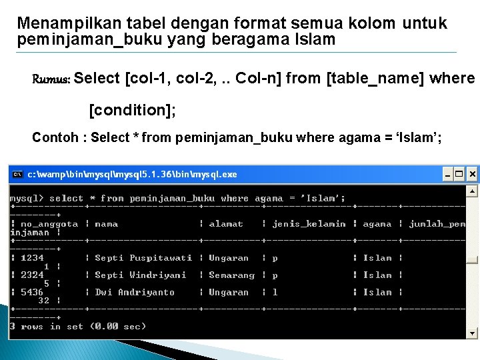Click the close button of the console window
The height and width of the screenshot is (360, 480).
pos(472,175)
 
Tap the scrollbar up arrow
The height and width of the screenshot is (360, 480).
pos(472,191)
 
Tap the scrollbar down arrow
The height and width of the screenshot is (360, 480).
pos(472,333)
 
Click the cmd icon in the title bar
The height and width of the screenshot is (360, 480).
pos(18,175)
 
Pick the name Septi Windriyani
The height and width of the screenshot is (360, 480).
pos(141,275)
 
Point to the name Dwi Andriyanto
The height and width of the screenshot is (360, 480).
pos(135,292)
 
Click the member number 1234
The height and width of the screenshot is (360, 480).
pos(32,258)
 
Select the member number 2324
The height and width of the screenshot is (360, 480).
pos(32,275)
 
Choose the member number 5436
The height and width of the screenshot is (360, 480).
pos(32,292)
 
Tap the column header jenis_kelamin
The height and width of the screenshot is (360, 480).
pos(309,224)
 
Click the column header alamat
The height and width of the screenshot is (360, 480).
pos(226,224)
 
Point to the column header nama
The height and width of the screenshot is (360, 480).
pos(106,224)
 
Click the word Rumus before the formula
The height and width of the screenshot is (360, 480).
pos(51,79)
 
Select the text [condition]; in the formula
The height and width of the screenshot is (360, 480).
pos(133,109)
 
